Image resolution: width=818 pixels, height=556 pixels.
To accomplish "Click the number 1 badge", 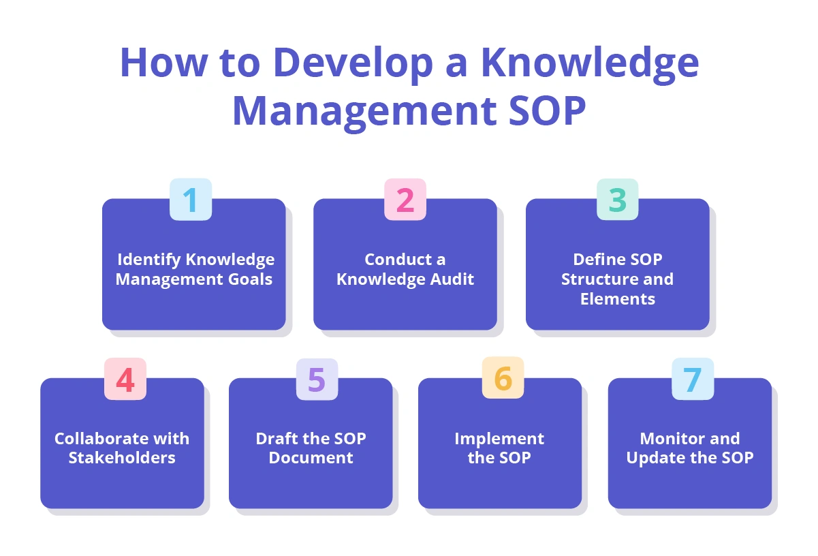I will point(191,200).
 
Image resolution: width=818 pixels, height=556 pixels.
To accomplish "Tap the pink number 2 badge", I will point(405,200).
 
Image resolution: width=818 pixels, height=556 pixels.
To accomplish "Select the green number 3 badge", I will point(618,200).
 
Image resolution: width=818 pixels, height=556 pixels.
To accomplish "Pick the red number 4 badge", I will point(125,380).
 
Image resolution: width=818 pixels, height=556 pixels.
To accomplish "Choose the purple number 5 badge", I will point(317,380).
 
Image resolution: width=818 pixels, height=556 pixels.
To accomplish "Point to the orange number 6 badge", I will point(503,380).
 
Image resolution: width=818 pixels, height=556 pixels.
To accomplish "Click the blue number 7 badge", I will point(693,380).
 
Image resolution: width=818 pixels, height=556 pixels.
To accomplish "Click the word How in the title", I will point(163,63).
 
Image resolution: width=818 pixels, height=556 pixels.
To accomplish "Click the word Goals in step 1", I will point(250,279).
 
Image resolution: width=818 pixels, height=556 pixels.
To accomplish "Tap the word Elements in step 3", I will point(618,299).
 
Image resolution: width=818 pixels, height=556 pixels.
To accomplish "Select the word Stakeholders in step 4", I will point(122,458).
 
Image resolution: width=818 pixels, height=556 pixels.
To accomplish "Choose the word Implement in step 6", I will point(499,439).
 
